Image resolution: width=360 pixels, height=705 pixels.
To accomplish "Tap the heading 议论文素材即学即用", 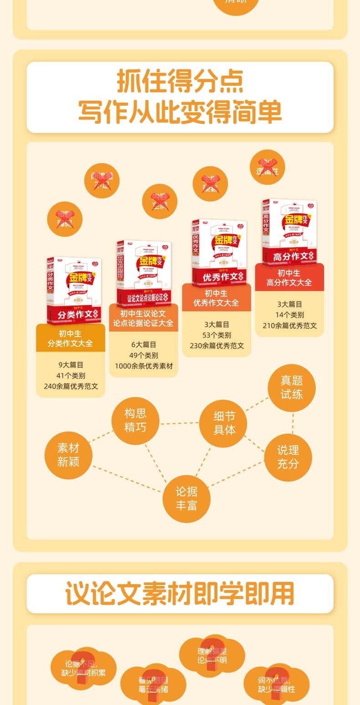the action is coord(180,593).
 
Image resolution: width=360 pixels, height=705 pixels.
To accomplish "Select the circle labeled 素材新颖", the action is coord(68,455).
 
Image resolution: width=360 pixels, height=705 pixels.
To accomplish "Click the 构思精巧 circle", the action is coord(135,420).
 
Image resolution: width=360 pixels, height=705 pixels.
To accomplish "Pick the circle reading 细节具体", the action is coord(224,423).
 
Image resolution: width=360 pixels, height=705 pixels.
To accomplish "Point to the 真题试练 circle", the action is coord(292,388).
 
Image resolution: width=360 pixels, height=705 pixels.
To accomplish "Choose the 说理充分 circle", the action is coord(288,457).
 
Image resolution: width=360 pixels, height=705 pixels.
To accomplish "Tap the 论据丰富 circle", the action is coord(186,498).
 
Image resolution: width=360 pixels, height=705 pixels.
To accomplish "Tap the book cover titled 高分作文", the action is coord(289,232).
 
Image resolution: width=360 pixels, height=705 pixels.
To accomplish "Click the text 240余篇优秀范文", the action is coord(71,386).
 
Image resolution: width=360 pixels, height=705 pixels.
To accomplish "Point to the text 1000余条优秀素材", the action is coord(143,366).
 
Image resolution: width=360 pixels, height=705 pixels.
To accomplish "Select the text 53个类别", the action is coord(216,335).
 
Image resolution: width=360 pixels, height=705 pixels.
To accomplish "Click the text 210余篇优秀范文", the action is coord(289,326).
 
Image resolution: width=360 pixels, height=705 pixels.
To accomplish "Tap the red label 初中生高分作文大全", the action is coord(289,278).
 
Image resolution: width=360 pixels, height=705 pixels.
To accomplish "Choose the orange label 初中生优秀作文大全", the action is coord(216,298).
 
